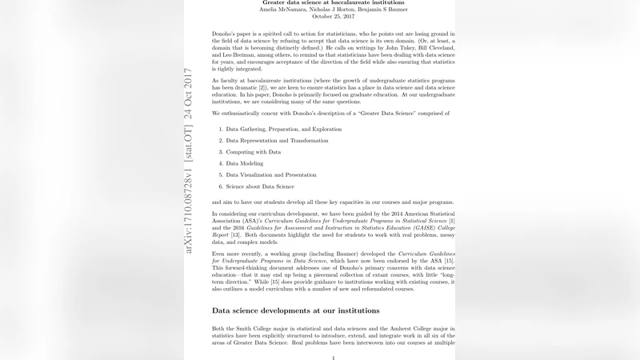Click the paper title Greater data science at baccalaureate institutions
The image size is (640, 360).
(334, 3)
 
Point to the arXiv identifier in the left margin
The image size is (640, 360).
(189, 160)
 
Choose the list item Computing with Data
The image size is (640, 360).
(253, 151)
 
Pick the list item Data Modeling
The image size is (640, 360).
(245, 163)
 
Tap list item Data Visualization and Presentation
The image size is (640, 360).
(272, 174)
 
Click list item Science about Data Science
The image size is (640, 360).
(259, 186)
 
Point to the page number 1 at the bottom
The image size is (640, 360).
(334, 358)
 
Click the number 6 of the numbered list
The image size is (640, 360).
(220, 186)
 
